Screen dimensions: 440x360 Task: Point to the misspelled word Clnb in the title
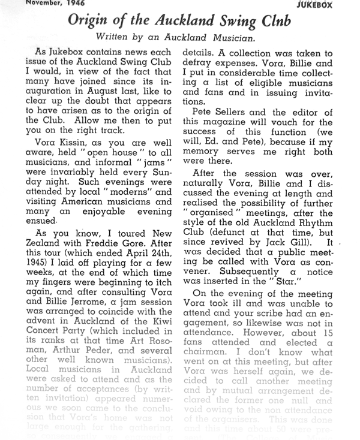click(x=274, y=20)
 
